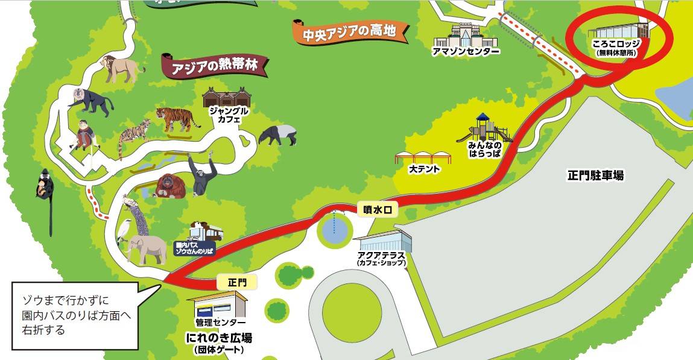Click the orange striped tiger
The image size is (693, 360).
(177, 119)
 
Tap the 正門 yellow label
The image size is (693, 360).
(237, 282)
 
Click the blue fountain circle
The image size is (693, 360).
(335, 229)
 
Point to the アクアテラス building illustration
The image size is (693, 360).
(384, 241)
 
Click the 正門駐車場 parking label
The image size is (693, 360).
(595, 175)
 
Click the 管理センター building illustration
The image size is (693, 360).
(217, 305)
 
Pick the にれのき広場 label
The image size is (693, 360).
(218, 337)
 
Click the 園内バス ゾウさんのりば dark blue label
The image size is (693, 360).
(194, 248)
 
